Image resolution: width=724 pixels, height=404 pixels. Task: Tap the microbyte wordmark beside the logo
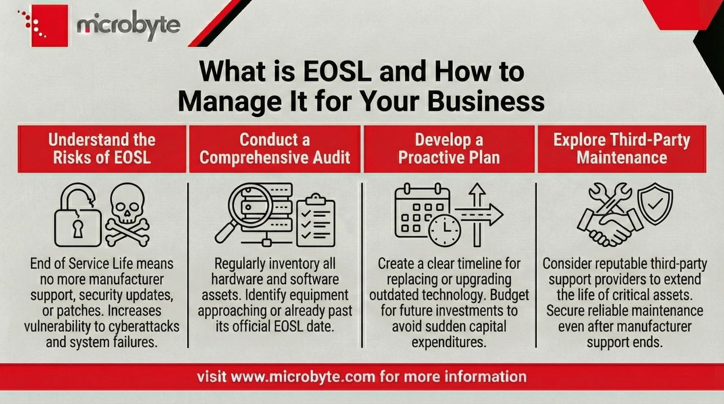128,25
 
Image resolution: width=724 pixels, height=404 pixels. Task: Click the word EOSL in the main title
337,71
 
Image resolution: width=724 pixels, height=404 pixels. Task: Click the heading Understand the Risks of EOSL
102,149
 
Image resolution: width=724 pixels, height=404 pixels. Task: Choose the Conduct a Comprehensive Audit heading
275,149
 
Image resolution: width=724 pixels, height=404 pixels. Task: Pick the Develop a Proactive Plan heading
449,149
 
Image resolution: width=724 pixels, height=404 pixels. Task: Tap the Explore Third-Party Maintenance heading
622,149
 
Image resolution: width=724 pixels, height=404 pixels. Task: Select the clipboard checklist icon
315,220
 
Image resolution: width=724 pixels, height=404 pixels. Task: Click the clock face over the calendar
445,230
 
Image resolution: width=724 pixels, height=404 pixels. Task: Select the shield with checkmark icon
655,203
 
